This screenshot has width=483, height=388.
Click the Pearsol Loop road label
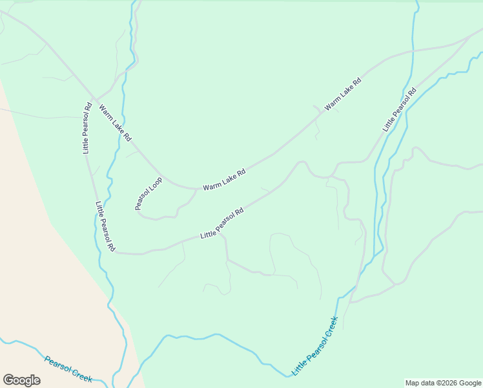tap(148, 193)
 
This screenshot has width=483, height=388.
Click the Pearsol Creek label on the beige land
tap(68, 369)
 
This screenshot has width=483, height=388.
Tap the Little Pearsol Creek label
tap(315, 345)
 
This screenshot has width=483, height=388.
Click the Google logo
tap(21, 380)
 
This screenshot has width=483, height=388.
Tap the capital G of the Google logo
tap(8, 380)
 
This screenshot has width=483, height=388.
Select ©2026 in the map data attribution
tap(442, 383)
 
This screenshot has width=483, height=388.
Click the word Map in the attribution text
tap(413, 383)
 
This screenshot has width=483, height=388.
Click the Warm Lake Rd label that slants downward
tap(115, 123)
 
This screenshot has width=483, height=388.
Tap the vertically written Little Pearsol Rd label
tap(87, 128)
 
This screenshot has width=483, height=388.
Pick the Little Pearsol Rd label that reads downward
tap(105, 226)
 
